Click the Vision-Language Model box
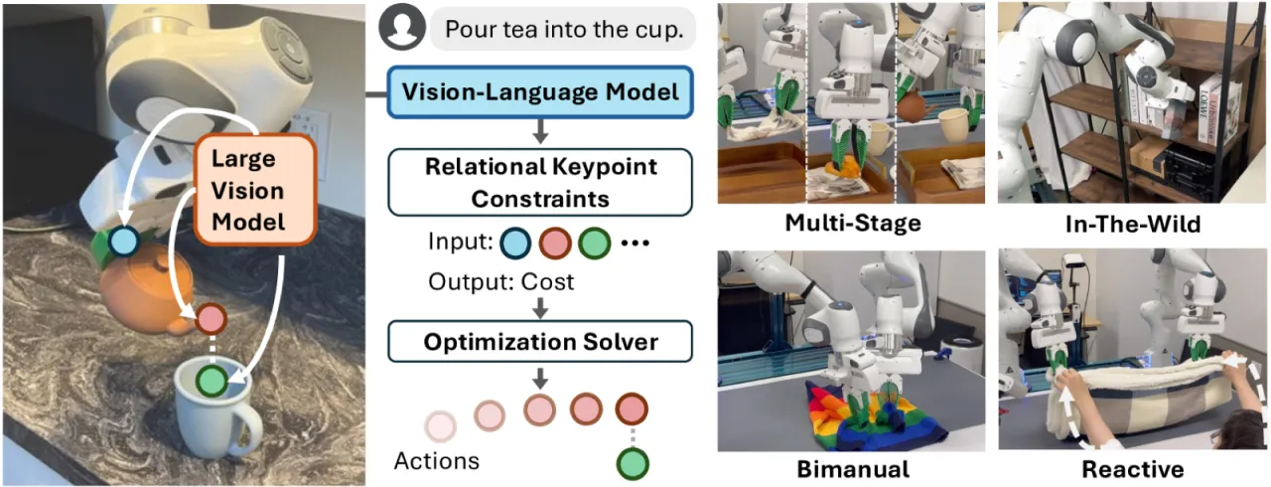point(540,92)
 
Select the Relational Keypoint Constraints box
point(540,182)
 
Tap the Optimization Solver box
point(540,342)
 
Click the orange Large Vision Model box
point(255,190)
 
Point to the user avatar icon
point(402,27)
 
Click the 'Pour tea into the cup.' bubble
point(563,29)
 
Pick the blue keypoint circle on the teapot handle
point(124,242)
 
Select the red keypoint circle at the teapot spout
point(212,318)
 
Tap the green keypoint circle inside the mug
point(212,380)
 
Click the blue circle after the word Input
point(515,243)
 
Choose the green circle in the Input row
point(595,243)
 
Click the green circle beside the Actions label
point(633,464)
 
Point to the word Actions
point(436,461)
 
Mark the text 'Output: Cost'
point(501,281)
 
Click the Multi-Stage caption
point(853,223)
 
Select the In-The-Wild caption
point(1133,225)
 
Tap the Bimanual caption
point(853,469)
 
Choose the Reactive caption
point(1133,469)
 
